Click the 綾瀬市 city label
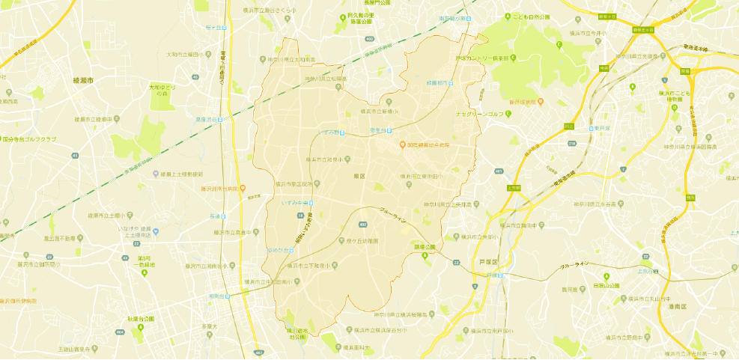point(83,79)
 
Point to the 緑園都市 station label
point(440,82)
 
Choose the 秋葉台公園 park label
point(141,318)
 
